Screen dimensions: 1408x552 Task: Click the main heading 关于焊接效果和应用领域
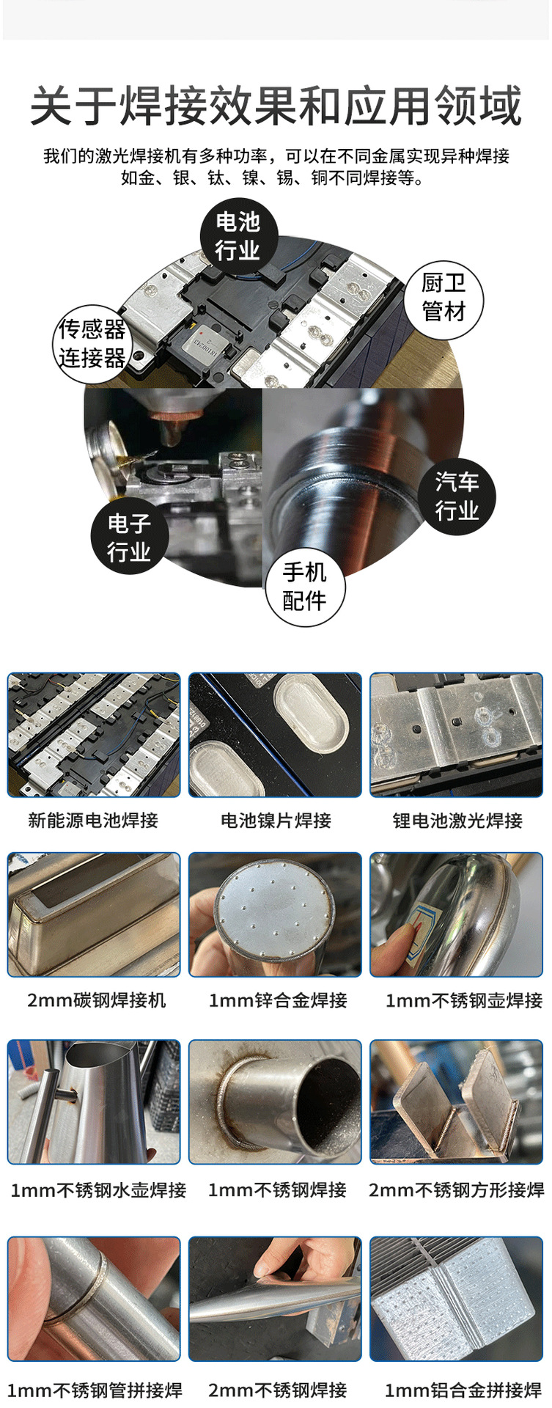click(x=276, y=106)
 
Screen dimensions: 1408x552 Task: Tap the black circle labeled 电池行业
click(x=238, y=236)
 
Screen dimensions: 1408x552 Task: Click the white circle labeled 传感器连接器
click(x=92, y=344)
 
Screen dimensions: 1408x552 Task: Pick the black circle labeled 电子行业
click(x=129, y=537)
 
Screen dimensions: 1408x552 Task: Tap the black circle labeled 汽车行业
click(x=457, y=496)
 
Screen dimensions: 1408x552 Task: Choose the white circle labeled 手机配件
click(x=304, y=587)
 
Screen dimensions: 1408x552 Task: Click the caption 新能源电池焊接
click(x=93, y=820)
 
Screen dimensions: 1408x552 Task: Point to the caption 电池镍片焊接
click(x=276, y=820)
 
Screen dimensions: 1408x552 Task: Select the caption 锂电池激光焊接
click(x=457, y=820)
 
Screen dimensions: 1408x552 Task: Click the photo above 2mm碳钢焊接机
click(x=94, y=914)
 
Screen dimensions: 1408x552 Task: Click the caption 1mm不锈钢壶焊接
click(x=464, y=1000)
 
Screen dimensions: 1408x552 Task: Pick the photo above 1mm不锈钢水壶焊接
click(x=94, y=1101)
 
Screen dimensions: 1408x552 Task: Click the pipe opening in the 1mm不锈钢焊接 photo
click(x=323, y=1100)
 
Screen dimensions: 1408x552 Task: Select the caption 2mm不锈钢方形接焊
click(x=456, y=1189)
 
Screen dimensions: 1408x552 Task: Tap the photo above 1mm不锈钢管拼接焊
click(x=94, y=1299)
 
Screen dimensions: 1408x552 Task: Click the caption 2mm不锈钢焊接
click(x=277, y=1390)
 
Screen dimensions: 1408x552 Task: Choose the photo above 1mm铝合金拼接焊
click(x=457, y=1299)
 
